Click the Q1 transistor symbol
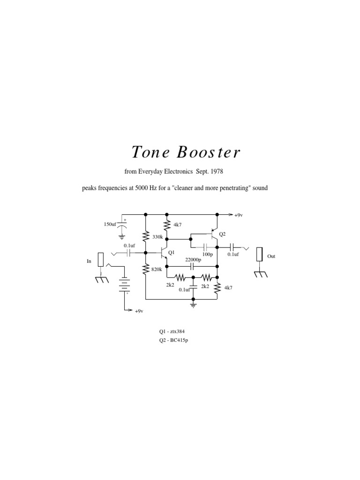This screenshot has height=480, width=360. [164, 253]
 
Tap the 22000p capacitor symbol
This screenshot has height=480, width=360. [193, 266]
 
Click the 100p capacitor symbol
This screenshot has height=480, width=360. [206, 247]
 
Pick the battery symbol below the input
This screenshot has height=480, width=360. [124, 283]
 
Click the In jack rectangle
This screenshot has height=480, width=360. [101, 261]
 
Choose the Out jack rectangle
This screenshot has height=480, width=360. [259, 255]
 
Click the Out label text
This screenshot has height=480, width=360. [272, 257]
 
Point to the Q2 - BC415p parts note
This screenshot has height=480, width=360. [173, 340]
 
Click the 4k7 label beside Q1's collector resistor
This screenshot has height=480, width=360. [177, 225]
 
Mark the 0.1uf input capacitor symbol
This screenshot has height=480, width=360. [128, 253]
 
